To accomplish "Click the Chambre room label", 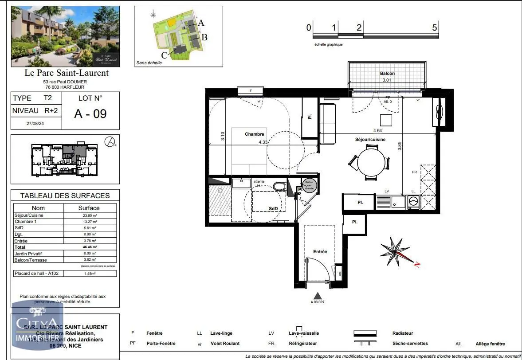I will (254, 134).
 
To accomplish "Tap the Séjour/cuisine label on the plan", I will (370, 139).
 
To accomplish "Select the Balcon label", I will (387, 73).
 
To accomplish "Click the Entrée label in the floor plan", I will (320, 251).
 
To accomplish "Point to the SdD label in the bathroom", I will (273, 209).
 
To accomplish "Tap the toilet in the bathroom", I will (279, 186).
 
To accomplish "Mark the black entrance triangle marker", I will (317, 295).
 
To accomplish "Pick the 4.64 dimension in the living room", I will (377, 131).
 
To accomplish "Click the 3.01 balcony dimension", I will (387, 80).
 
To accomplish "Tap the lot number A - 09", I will (90, 113).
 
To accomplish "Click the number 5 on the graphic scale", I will (434, 27).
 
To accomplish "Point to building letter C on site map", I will (164, 55).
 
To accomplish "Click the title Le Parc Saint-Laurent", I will (66, 73).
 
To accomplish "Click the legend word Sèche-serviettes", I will (410, 344).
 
